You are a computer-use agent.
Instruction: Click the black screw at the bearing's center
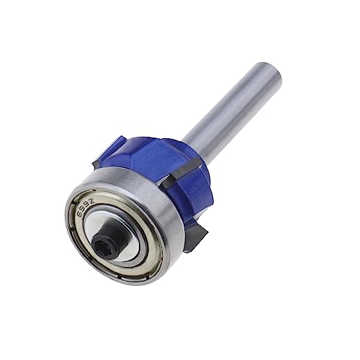pos(100,231)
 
